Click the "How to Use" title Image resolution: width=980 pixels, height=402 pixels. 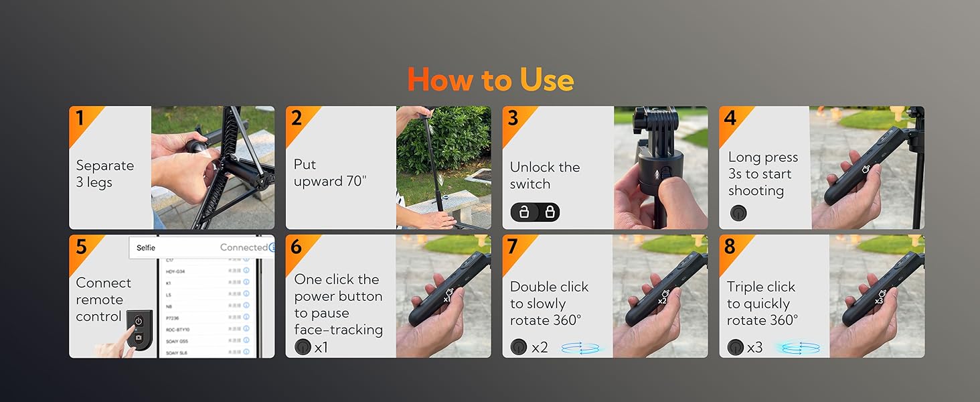[490, 80]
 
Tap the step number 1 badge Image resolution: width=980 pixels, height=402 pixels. [80, 119]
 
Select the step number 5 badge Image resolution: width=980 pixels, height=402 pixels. [81, 247]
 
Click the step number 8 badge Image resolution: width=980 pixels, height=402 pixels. [730, 247]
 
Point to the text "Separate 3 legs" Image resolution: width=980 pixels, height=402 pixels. [104, 174]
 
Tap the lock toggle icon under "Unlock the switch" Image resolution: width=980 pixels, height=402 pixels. [536, 212]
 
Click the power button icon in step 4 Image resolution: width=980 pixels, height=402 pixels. [738, 213]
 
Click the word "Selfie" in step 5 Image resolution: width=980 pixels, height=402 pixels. [146, 248]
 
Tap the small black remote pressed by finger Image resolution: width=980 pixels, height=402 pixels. [139, 328]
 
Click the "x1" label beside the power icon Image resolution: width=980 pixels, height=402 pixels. [321, 347]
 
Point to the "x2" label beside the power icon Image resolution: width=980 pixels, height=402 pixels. [540, 347]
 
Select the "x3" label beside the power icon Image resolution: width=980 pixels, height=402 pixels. [754, 347]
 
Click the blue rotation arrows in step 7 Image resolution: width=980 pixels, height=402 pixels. [580, 348]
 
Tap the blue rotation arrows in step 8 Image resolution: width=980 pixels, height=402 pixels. [797, 348]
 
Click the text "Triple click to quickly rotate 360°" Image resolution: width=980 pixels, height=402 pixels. [762, 304]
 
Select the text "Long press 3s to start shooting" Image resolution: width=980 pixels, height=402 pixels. [762, 174]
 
